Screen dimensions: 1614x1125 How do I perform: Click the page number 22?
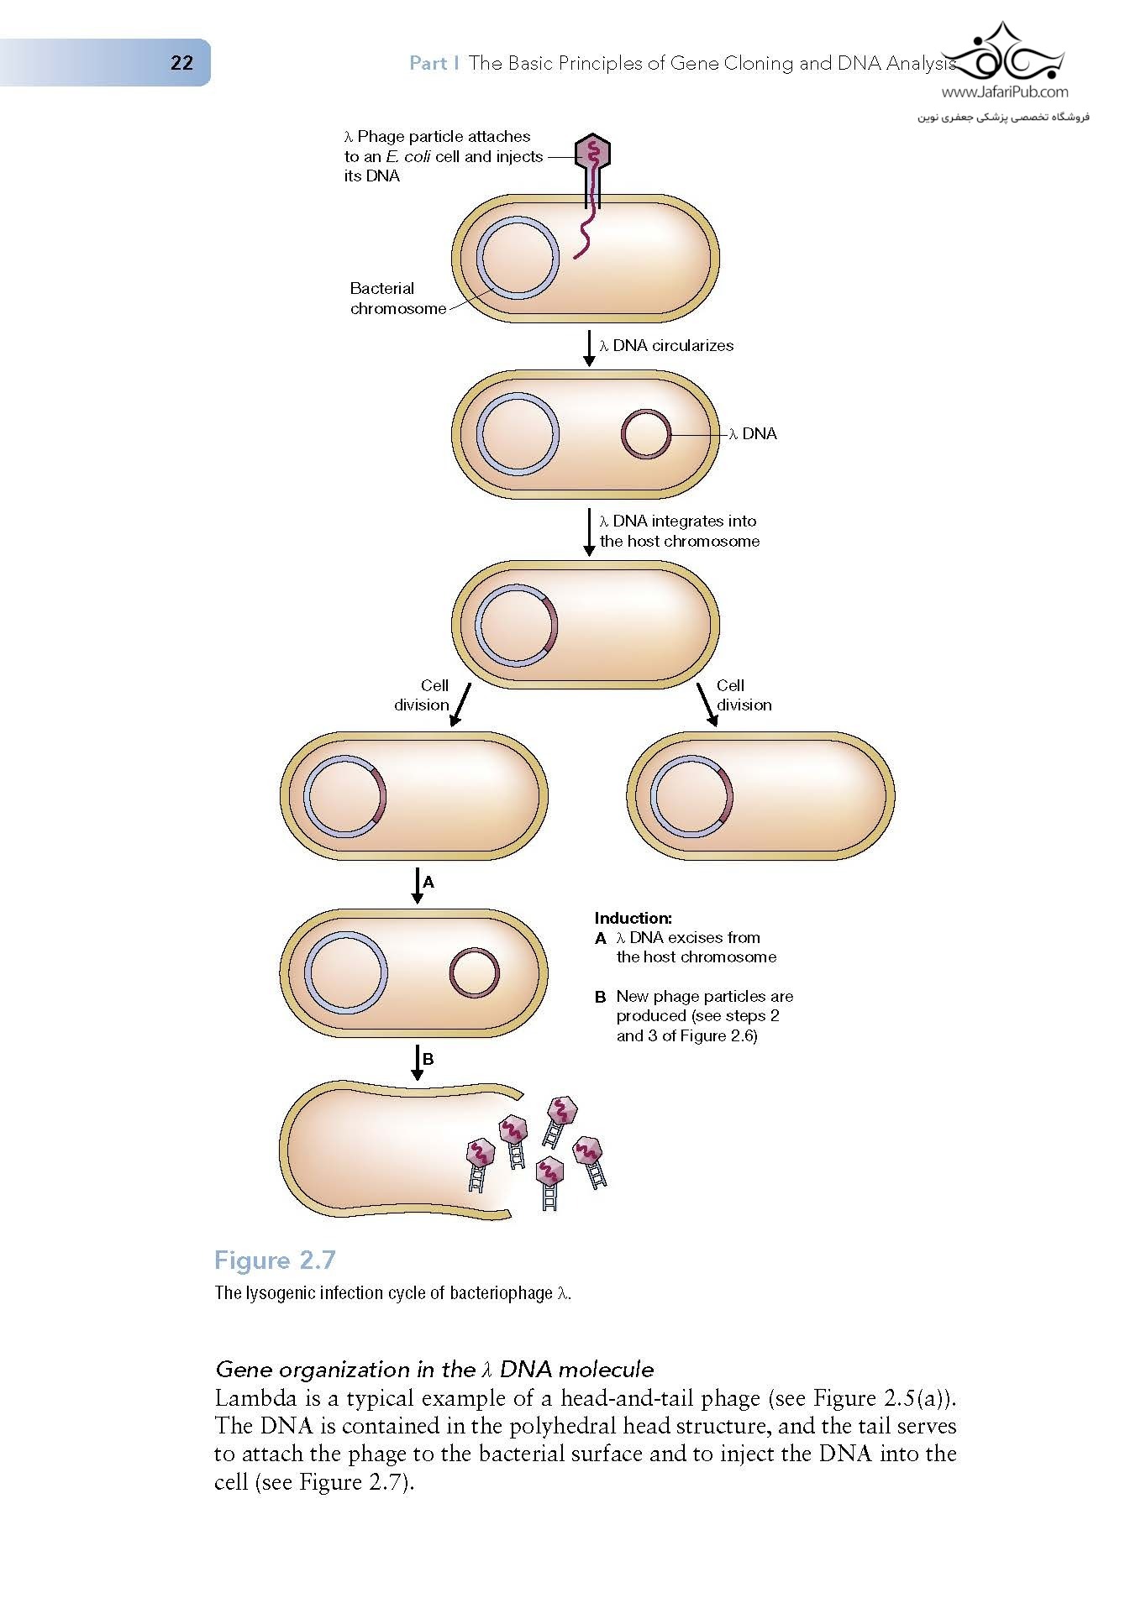pyautogui.click(x=181, y=63)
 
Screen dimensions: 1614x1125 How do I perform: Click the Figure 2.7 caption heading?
pyautogui.click(x=275, y=1260)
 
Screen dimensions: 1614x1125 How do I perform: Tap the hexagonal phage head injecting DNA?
pyautogui.click(x=593, y=153)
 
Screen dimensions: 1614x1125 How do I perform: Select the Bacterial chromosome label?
pyautogui.click(x=397, y=298)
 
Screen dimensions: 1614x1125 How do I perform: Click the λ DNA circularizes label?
pyautogui.click(x=665, y=345)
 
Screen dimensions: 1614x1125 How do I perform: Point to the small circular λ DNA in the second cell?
pyautogui.click(x=645, y=434)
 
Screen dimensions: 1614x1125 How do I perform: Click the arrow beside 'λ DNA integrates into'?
pyautogui.click(x=589, y=531)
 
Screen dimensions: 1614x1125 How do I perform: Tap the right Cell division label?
pyautogui.click(x=743, y=695)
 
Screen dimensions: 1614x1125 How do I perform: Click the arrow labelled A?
pyautogui.click(x=418, y=885)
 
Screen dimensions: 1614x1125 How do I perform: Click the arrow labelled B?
pyautogui.click(x=418, y=1062)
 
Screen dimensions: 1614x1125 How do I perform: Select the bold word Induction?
pyautogui.click(x=633, y=918)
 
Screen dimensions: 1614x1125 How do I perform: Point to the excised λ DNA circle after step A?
pyautogui.click(x=475, y=973)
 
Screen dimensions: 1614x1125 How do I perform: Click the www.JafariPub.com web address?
pyautogui.click(x=1004, y=92)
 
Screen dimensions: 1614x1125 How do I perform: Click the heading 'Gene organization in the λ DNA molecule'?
pyautogui.click(x=434, y=1369)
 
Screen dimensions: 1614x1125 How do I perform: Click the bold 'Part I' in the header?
pyautogui.click(x=434, y=63)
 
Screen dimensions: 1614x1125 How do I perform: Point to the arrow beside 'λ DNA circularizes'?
pyautogui.click(x=589, y=348)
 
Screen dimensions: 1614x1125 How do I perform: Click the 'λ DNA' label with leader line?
pyautogui.click(x=754, y=434)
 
